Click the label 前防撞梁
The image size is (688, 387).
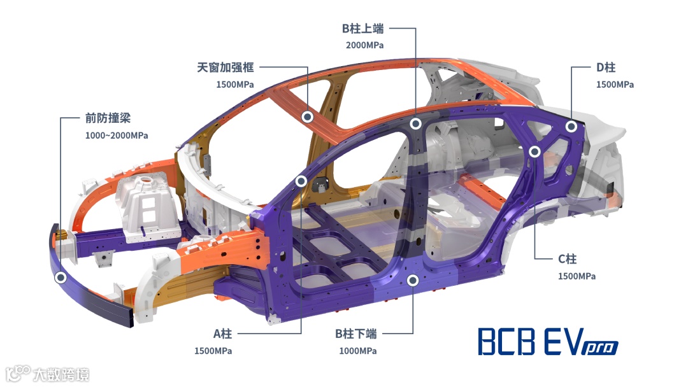[108, 118]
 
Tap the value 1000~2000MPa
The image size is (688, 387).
[117, 136]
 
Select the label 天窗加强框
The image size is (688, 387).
[226, 67]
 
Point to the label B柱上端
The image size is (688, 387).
[363, 29]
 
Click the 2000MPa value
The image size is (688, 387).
[365, 45]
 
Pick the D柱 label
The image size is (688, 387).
[605, 67]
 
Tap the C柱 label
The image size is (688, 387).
[567, 259]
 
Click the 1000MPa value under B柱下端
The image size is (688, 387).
[357, 351]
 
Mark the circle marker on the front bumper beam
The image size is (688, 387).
[61, 278]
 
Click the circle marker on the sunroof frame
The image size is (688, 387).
[307, 116]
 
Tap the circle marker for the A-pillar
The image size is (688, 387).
[301, 181]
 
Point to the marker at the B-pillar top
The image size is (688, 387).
[415, 124]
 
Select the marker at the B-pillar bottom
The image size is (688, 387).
[413, 280]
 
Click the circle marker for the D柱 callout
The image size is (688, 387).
[571, 127]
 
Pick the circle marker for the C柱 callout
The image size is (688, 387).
[535, 151]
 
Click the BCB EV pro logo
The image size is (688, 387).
[548, 342]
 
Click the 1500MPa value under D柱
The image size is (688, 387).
[615, 85]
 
